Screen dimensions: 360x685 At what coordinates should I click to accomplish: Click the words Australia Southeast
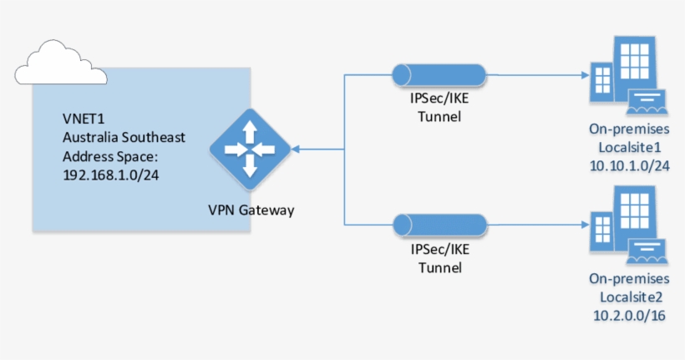(124, 137)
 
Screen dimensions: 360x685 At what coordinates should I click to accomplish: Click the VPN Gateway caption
(251, 210)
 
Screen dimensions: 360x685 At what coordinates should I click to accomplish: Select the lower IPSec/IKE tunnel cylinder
(440, 225)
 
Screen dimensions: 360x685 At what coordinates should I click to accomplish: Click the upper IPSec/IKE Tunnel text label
(439, 108)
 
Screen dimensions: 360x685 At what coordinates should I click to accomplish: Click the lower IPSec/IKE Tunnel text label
(439, 259)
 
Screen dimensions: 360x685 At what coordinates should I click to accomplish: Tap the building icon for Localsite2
(625, 226)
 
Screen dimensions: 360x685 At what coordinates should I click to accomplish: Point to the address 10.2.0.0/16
(629, 316)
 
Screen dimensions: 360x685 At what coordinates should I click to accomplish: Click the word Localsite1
(629, 146)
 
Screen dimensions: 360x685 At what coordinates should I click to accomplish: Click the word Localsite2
(629, 297)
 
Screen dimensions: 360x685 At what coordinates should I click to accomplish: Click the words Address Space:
(108, 156)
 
